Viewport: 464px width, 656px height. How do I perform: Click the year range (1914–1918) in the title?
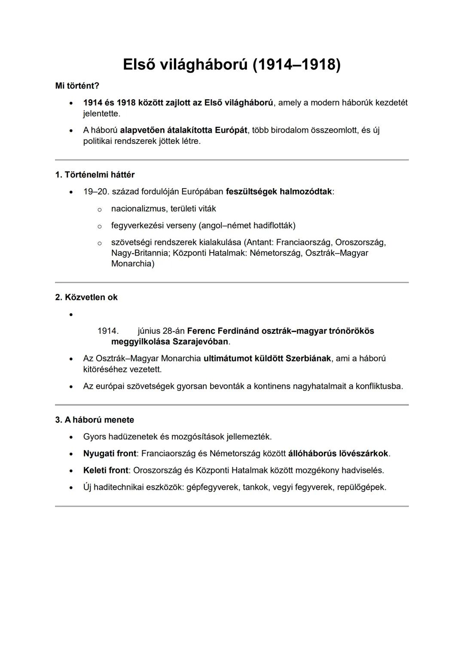coord(296,64)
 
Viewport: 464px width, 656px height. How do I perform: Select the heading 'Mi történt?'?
coord(77,86)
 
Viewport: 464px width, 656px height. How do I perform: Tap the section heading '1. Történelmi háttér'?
coord(95,175)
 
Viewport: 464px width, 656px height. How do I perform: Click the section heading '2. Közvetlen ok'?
coord(86,297)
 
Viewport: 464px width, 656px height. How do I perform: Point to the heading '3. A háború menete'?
coord(95,420)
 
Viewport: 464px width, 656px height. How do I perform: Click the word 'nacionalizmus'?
coord(138,209)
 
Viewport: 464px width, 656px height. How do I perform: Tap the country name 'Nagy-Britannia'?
coord(139,253)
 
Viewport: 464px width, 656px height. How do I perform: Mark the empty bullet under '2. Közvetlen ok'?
coord(71,314)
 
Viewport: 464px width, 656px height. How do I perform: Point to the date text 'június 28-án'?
coord(161,331)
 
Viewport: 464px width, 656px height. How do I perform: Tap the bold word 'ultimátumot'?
coord(228,358)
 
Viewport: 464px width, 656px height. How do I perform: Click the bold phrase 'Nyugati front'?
coord(109,454)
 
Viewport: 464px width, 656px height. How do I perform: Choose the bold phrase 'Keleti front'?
coord(105,470)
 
